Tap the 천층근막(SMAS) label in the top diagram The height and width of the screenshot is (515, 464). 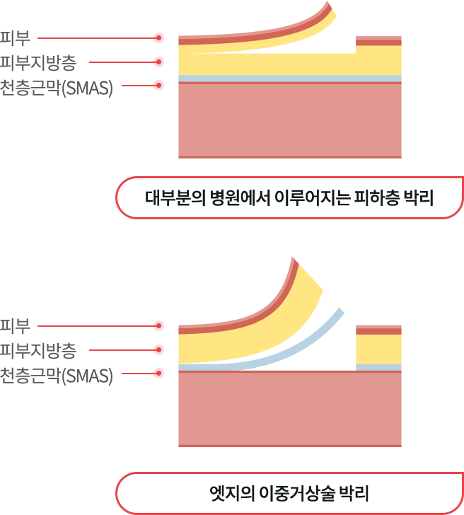57,86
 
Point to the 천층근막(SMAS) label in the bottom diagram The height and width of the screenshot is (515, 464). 57,374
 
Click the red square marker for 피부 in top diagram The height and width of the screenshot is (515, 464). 158,37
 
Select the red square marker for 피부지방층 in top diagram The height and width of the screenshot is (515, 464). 158,62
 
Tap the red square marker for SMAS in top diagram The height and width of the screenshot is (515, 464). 158,86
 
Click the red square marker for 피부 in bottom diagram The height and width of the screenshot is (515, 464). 158,325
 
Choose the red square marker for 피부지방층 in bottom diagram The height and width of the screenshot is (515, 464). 158,349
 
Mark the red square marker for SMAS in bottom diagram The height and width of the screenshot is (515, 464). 158,373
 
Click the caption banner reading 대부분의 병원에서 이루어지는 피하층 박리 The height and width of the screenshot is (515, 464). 289,197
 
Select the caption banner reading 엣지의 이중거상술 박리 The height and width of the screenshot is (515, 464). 289,492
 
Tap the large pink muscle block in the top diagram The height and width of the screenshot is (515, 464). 290,120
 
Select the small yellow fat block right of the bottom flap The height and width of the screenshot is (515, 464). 378,349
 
